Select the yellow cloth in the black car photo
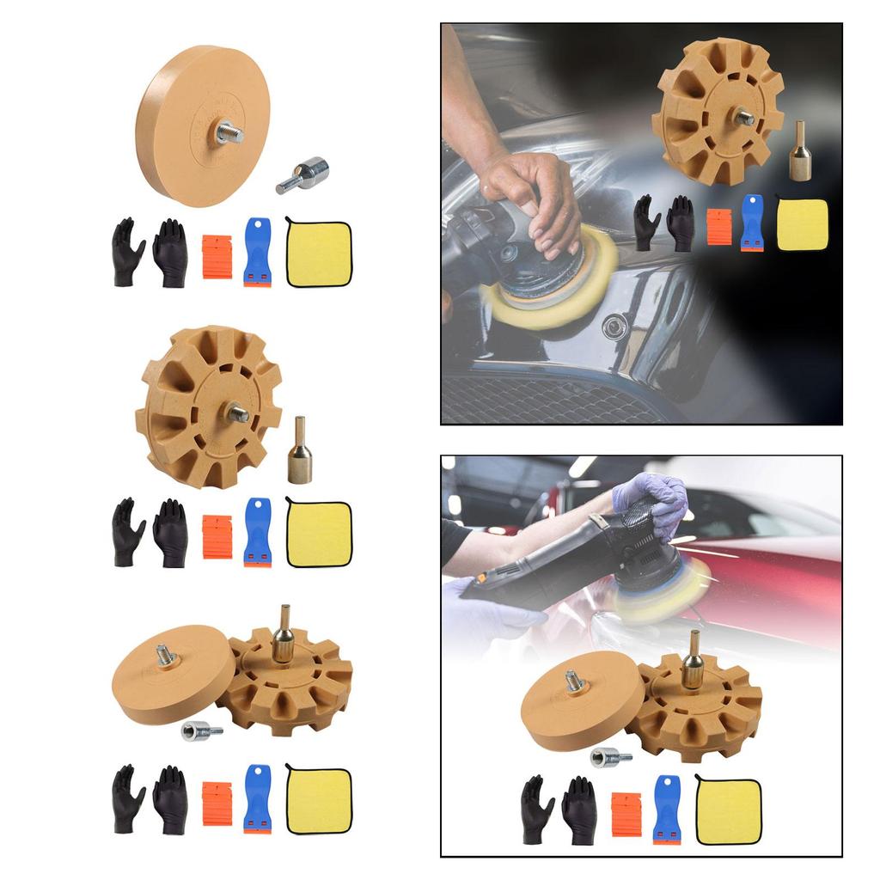[803, 225]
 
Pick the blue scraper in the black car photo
[752, 223]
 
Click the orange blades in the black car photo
[719, 227]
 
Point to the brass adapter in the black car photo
[801, 153]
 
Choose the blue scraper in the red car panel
[666, 810]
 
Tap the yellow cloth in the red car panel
[728, 810]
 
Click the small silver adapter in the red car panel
[610, 758]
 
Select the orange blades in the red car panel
[626, 815]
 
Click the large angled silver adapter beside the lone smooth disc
[302, 174]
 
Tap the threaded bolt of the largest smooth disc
[229, 132]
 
